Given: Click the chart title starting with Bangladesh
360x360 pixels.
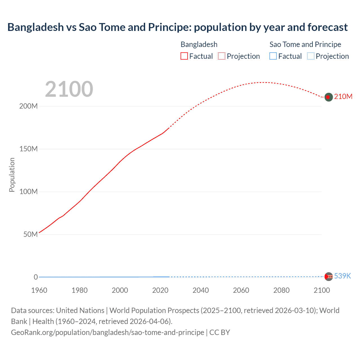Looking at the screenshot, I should pos(177,27).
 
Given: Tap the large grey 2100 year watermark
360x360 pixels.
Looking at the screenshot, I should pos(69,89).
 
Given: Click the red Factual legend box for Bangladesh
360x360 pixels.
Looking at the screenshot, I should pos(184,56).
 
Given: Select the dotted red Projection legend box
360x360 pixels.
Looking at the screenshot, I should pos(222,56).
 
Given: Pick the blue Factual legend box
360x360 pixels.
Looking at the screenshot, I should pos(273,56).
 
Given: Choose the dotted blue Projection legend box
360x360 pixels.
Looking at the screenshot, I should pos(310,56).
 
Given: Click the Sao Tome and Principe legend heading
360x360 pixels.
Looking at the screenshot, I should pos(305,44).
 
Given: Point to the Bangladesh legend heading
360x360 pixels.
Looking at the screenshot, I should pos(199,44).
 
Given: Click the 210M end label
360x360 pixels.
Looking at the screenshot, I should pos(343,97).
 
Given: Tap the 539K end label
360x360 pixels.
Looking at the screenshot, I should pos(342,276).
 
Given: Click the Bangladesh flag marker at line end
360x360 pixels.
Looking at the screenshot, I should pos(328,97).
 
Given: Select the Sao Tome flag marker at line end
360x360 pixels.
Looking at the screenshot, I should pos(328,276).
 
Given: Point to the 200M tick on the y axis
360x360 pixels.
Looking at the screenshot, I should pos(28,106).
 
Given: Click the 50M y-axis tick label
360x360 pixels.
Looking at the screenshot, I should pos(30,234).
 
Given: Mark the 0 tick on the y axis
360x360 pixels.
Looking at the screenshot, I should pos(36,277).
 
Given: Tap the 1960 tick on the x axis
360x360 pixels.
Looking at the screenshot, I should pos(39,290).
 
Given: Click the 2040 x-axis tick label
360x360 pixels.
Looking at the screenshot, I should pos(201,290).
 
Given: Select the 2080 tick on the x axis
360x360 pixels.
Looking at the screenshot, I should pos(281,290).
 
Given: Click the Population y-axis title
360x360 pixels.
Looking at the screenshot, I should pos(12,175).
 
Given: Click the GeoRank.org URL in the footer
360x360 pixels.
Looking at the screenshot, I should pos(107,332).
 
